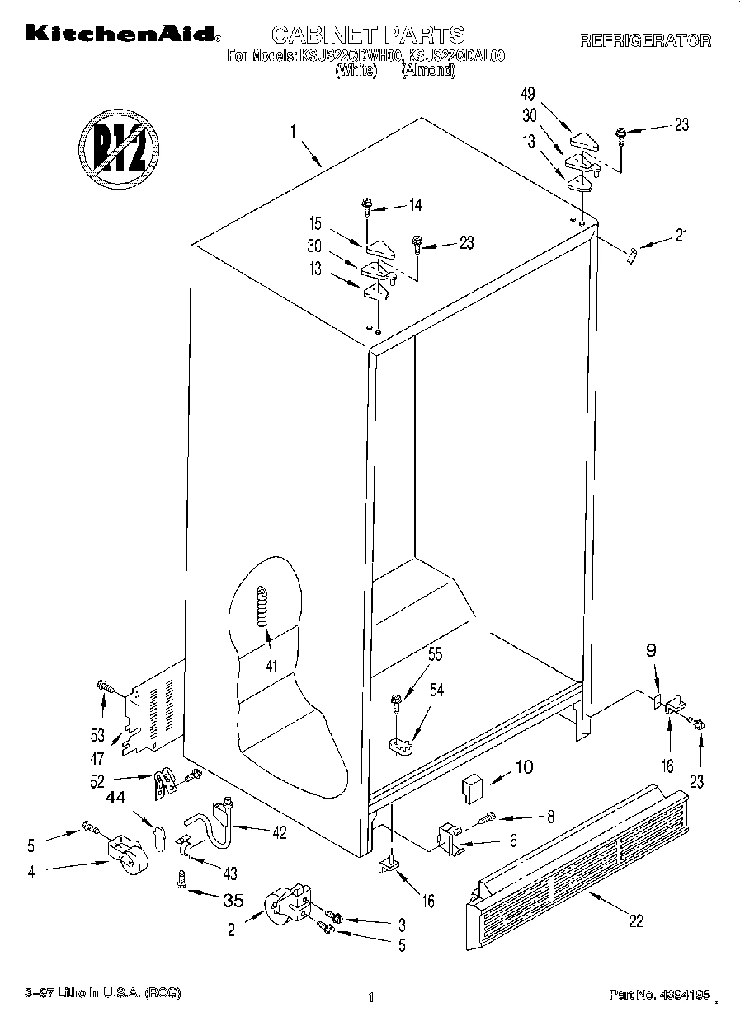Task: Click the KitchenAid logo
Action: pos(122,34)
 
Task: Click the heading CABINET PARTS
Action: pos(368,34)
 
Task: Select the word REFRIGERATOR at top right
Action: pos(645,41)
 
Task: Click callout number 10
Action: pos(523,767)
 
